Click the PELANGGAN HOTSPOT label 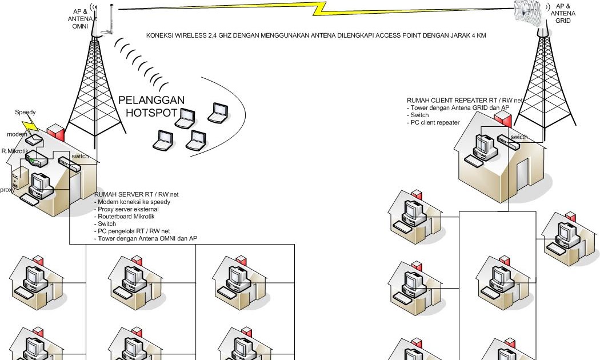[x=151, y=106]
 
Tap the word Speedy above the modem [x=25, y=113]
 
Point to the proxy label [x=7, y=190]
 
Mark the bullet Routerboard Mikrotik [x=126, y=217]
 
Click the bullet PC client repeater [x=434, y=122]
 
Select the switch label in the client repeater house [x=519, y=137]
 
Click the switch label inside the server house [x=80, y=156]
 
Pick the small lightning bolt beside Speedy [x=29, y=125]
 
